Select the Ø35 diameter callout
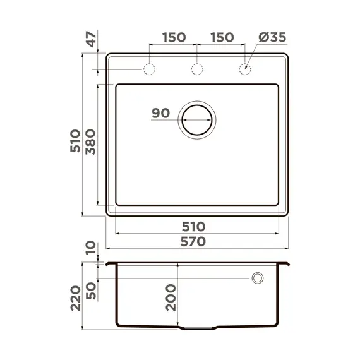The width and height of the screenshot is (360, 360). coord(272,37)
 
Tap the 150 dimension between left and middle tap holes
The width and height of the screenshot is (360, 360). coord(173,37)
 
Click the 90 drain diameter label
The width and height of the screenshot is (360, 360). coord(161,114)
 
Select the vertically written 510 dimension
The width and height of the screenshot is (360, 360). coord(75,141)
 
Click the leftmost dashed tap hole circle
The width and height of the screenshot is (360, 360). coord(150,69)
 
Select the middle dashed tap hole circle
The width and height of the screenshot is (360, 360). coord(197,69)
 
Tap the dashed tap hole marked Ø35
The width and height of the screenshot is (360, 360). coord(244,69)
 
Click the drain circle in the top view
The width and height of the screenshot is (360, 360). coord(198,118)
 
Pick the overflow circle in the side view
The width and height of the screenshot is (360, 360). coord(258,278)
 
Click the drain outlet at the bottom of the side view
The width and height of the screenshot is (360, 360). coord(198,328)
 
